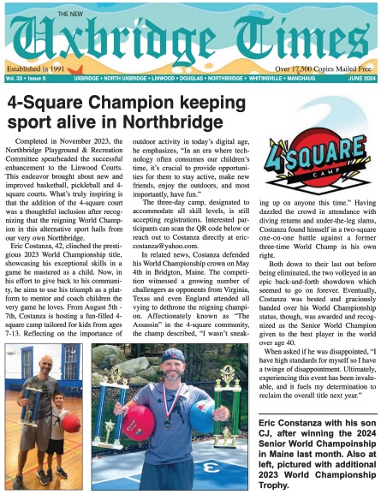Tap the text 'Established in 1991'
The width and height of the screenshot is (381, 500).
pos(35,66)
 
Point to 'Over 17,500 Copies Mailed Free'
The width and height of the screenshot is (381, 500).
pos(324,66)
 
